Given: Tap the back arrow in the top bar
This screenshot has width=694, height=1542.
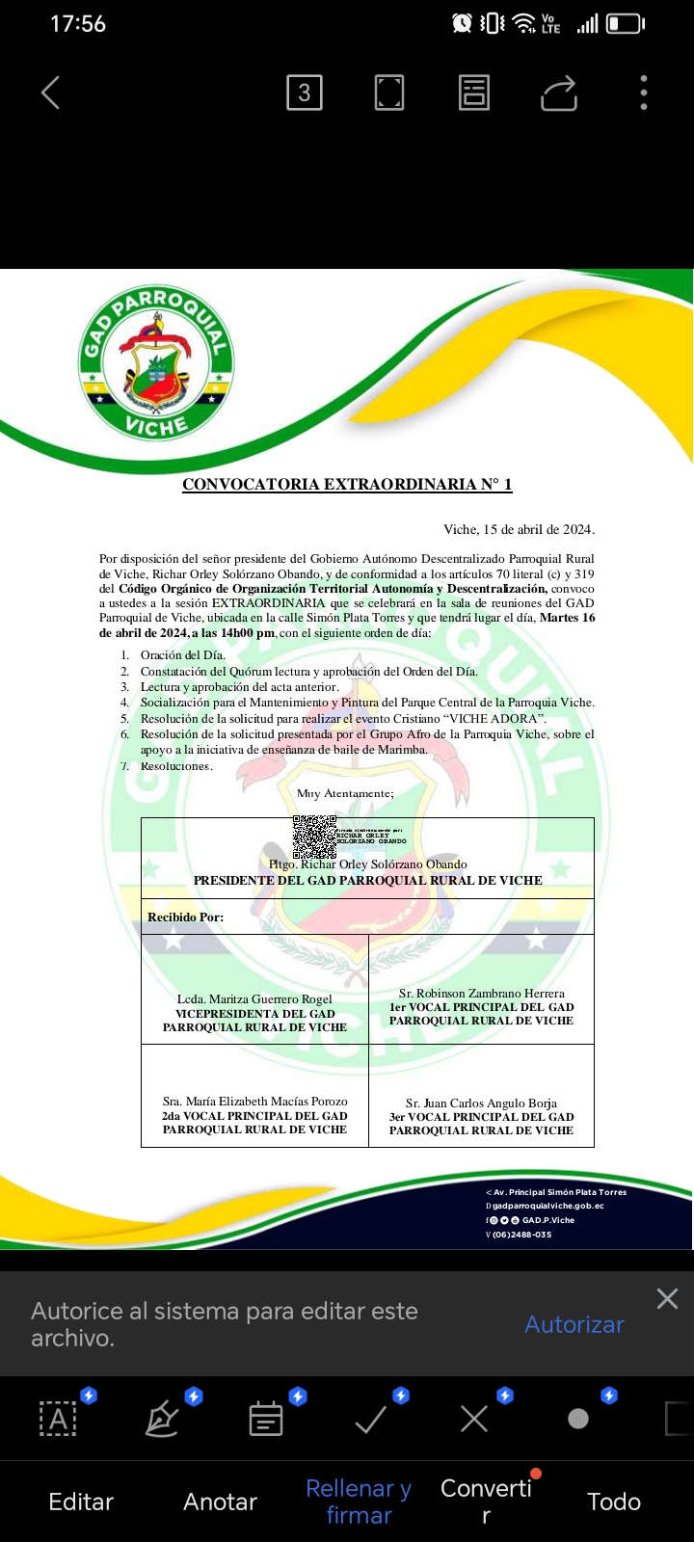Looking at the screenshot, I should [x=51, y=93].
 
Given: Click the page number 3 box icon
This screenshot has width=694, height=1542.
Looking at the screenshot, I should [x=305, y=93].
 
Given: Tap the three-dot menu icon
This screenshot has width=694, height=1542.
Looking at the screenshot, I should [x=644, y=93].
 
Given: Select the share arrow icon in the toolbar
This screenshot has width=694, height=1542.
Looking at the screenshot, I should [x=559, y=93].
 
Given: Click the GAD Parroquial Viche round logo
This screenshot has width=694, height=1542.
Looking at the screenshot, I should [x=155, y=362].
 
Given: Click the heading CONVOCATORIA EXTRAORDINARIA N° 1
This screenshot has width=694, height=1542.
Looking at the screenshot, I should [x=347, y=485].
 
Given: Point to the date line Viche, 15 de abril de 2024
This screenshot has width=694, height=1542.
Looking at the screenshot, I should [x=519, y=529].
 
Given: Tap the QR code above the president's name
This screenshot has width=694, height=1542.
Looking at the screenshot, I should [x=313, y=836].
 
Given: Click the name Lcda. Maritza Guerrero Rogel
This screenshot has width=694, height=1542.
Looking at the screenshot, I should [x=254, y=999].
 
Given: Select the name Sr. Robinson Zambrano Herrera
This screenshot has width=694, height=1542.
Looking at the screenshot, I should [x=482, y=994].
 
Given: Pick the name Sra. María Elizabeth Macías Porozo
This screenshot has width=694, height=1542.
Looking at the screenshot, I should [x=254, y=1102].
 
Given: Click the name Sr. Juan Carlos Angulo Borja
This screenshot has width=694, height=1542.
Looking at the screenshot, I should [x=481, y=1103].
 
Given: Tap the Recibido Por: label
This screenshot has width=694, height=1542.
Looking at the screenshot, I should [x=185, y=917].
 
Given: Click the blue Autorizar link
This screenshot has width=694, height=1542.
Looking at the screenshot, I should [x=574, y=1324].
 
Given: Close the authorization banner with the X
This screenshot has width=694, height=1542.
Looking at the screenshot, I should [x=667, y=1299].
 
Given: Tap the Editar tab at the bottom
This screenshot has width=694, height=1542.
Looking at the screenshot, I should [x=81, y=1502].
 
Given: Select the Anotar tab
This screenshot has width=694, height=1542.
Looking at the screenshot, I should [x=220, y=1502].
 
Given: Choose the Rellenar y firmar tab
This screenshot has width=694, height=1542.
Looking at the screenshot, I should [x=359, y=1502].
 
